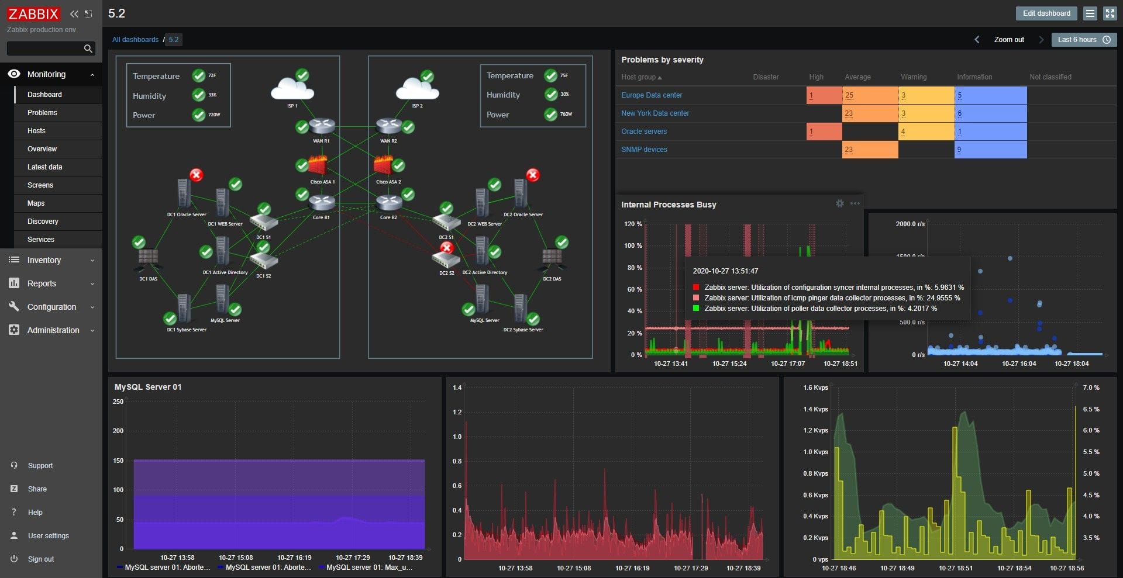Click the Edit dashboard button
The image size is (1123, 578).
point(1046,13)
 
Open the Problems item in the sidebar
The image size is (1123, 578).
point(42,113)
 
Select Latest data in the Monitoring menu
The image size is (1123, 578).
point(44,167)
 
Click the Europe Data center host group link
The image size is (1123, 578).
point(652,95)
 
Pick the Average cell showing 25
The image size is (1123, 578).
point(869,95)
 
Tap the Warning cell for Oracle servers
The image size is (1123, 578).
point(925,131)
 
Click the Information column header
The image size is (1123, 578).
point(974,77)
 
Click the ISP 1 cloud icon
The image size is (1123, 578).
point(292,90)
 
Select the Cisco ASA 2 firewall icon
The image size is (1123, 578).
point(384,166)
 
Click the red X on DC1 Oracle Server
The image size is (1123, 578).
point(197,175)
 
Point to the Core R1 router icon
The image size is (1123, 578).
point(321,203)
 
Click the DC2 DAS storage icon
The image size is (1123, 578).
point(552,259)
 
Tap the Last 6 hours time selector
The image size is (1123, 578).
point(1083,40)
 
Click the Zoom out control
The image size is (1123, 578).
point(1009,40)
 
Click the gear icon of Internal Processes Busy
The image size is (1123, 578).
point(839,203)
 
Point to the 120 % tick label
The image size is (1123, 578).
point(633,224)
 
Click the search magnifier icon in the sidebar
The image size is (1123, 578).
point(88,49)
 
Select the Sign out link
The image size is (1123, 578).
point(40,559)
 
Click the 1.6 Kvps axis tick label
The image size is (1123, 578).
point(815,387)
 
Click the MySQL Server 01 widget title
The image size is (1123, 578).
point(148,387)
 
